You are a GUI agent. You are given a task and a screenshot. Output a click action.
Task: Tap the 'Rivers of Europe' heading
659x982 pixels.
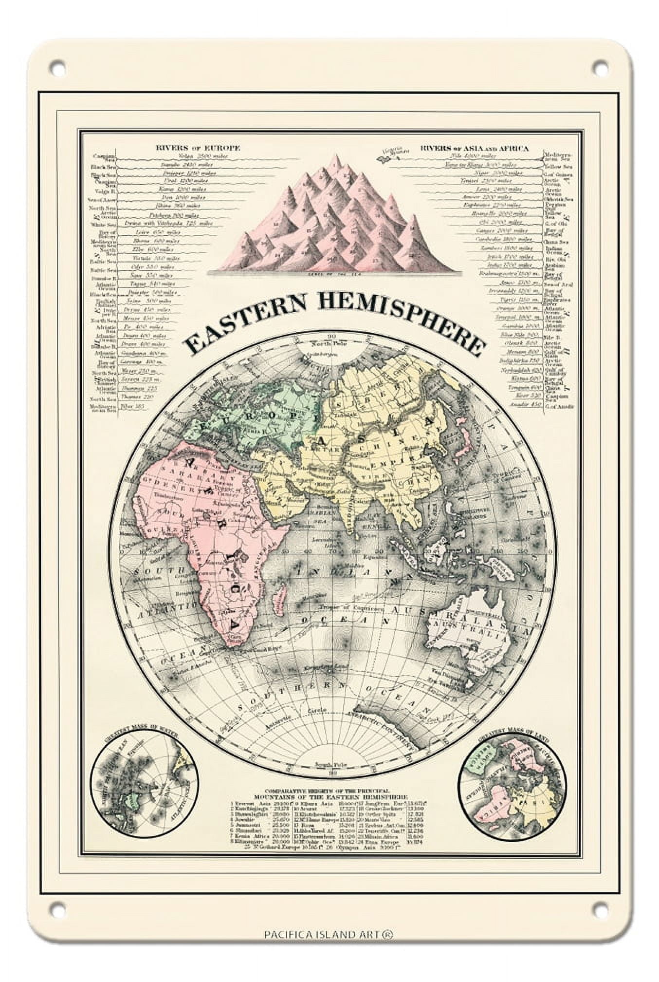pos(198,148)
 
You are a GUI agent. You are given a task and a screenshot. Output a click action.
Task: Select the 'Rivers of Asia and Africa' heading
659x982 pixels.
pos(474,148)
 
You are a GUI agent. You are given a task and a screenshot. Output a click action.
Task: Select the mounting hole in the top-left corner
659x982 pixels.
pos(57,66)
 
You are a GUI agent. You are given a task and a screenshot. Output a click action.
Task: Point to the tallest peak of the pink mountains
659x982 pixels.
pos(335,158)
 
